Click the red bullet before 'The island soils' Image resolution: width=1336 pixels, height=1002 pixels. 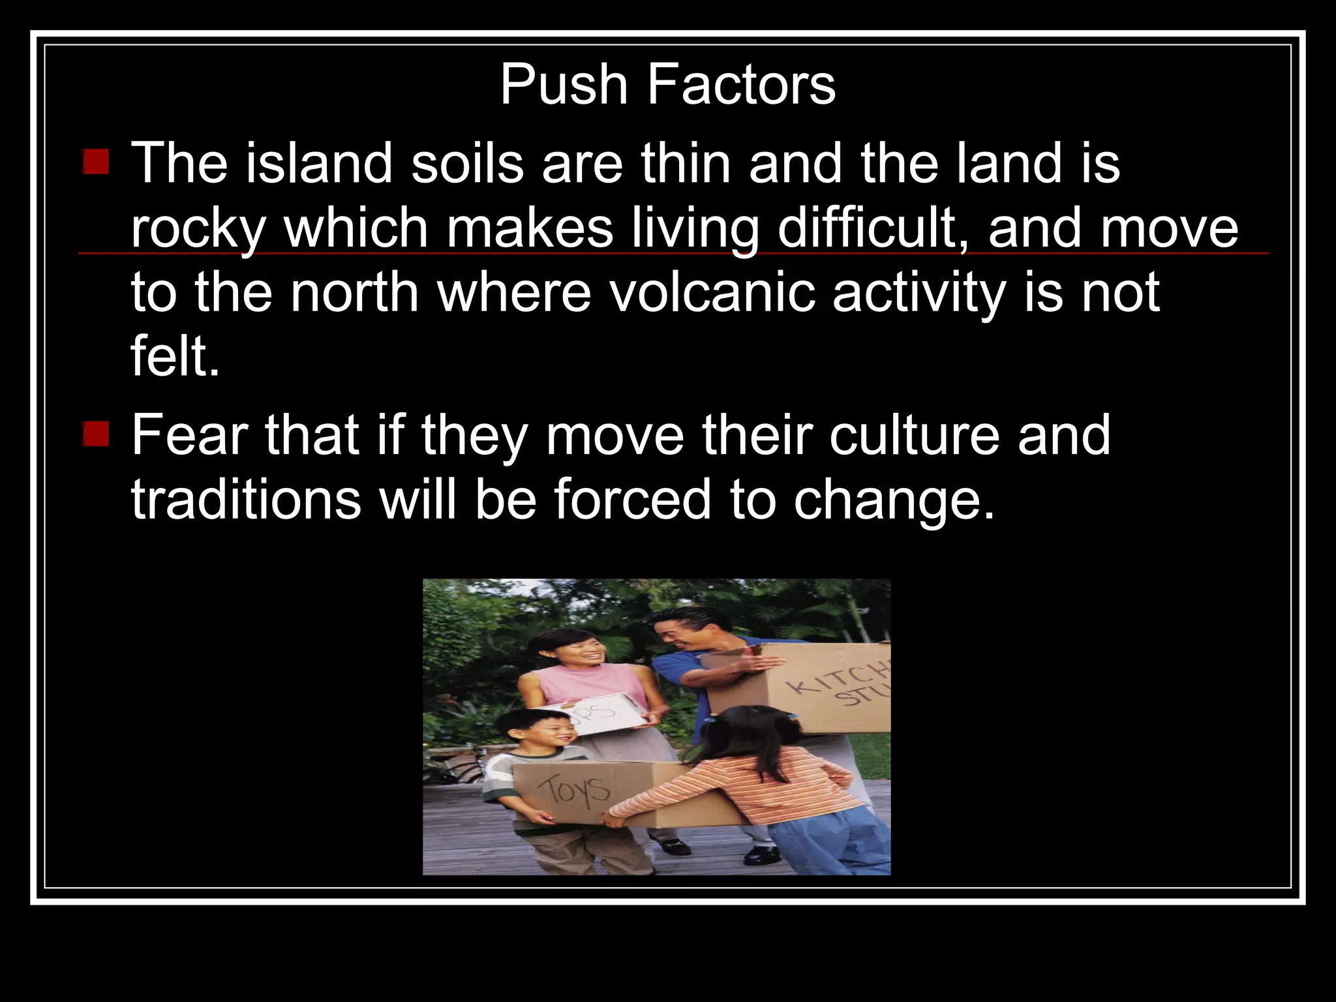tap(96, 161)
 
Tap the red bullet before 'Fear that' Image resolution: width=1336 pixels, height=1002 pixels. tap(96, 433)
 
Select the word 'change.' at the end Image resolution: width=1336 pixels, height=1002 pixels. tap(894, 500)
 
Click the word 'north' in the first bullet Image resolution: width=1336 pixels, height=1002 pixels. tap(354, 292)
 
